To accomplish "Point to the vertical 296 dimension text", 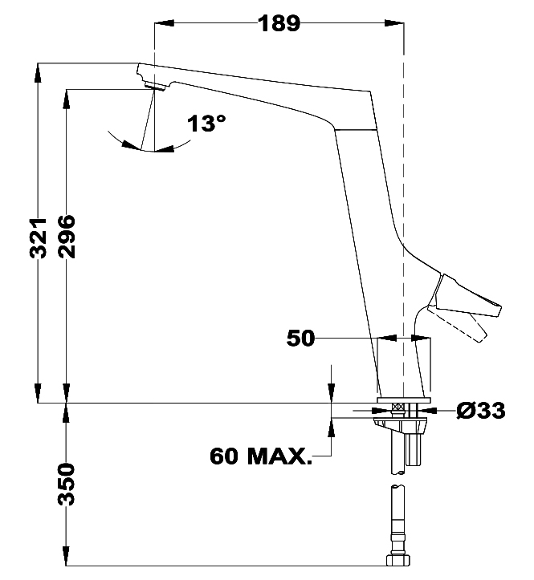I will tap(67, 237).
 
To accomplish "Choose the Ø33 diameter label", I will tap(481, 411).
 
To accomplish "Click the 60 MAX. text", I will tap(260, 456).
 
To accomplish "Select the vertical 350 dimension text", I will tap(67, 484).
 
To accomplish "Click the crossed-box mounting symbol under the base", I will tap(396, 408).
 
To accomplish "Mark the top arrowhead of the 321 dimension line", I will tap(38, 70).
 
